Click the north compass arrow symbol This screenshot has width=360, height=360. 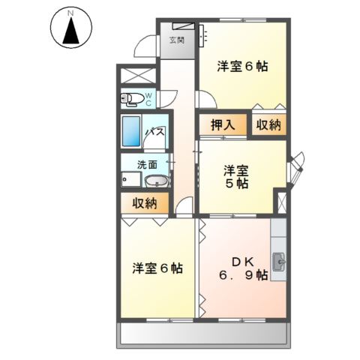click(x=70, y=31)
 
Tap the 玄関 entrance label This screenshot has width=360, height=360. click(x=177, y=40)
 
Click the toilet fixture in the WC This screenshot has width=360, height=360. click(x=132, y=97)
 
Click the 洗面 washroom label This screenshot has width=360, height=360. click(x=146, y=164)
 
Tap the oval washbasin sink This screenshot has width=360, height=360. click(x=156, y=181)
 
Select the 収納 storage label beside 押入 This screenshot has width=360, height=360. click(x=268, y=125)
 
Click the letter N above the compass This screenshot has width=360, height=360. click(x=70, y=12)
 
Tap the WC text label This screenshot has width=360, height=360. click(x=148, y=97)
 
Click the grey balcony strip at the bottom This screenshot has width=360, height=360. click(x=202, y=335)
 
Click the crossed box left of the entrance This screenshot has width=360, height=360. click(x=137, y=76)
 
